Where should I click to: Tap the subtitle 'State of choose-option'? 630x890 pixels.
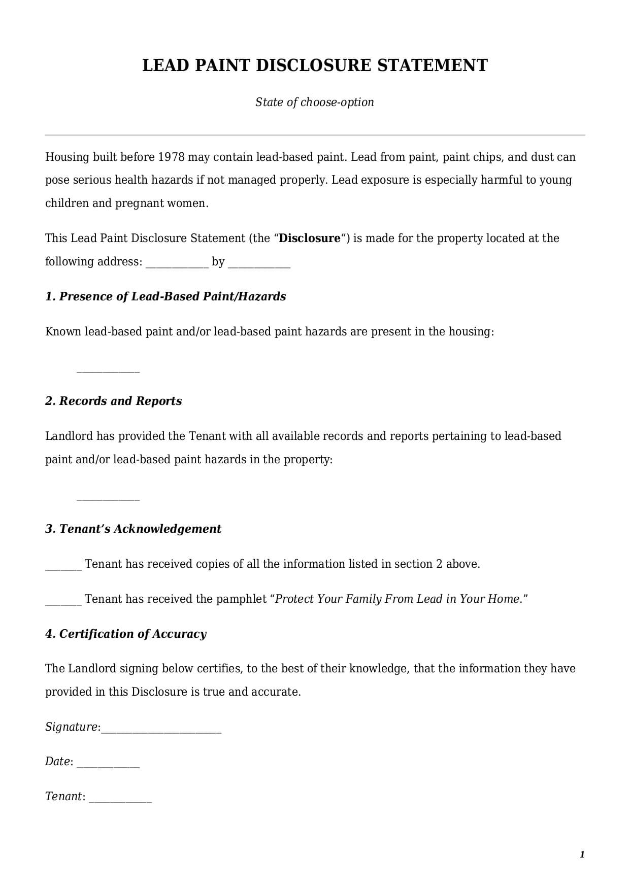314,102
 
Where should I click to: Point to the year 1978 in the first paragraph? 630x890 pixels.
171,157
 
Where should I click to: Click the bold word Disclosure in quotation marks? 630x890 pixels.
310,238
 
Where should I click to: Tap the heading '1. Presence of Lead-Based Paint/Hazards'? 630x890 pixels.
165,296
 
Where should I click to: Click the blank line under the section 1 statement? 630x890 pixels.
108,370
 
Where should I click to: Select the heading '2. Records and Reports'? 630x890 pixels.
113,401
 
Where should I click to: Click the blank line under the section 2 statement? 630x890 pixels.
108,498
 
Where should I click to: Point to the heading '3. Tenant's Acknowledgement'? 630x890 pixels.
133,529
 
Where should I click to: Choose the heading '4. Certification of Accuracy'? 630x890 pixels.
126,634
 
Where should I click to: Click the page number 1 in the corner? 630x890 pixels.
582,854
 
